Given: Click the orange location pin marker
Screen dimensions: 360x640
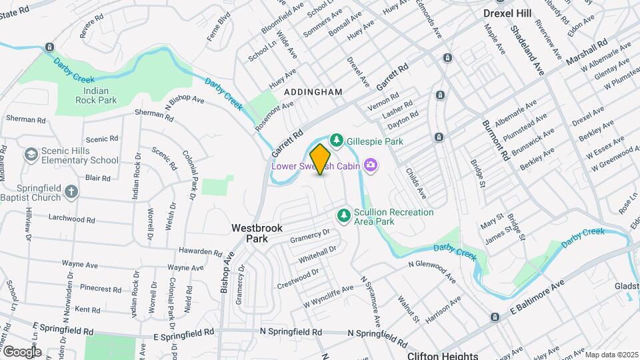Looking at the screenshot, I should pyautogui.click(x=320, y=159).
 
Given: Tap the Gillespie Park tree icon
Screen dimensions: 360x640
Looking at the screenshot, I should pyautogui.click(x=337, y=140).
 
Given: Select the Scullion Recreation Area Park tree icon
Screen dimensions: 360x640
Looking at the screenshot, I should pyautogui.click(x=343, y=214).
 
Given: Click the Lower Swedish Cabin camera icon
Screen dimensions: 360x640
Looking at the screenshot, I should pyautogui.click(x=371, y=165).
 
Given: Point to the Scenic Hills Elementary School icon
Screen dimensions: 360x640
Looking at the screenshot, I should pyautogui.click(x=30, y=155).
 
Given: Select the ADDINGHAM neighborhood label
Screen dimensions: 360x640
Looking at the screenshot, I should pyautogui.click(x=313, y=91).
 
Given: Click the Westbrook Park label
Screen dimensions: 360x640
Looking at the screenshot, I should pyautogui.click(x=257, y=233).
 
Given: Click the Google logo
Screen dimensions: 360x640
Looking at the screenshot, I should pyautogui.click(x=21, y=351).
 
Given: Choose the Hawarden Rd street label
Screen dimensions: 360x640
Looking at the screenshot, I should pyautogui.click(x=200, y=251).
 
